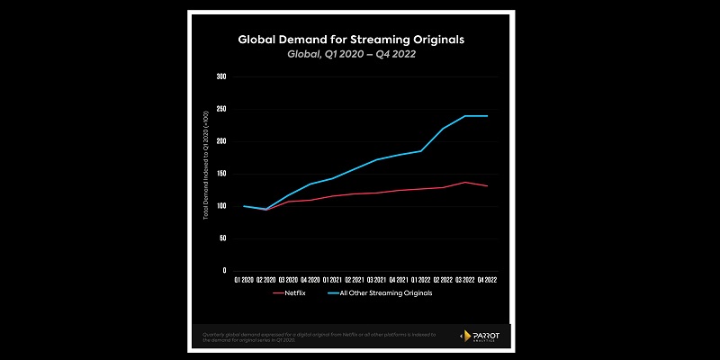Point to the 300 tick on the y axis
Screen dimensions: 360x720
coord(221,76)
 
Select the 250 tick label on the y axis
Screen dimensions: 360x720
coord(221,109)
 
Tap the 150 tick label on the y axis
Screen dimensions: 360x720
coord(221,174)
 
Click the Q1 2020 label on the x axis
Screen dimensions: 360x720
coord(244,281)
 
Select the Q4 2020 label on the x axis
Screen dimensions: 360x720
coord(310,281)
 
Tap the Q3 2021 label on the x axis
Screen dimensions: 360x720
coord(376,281)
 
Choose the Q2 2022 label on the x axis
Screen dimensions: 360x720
coord(443,281)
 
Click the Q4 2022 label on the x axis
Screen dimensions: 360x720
coord(487,281)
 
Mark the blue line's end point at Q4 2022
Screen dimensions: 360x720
coord(487,116)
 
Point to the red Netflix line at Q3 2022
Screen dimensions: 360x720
coord(464,182)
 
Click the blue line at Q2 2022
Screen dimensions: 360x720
coord(443,129)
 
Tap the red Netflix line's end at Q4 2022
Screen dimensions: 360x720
coord(487,186)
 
